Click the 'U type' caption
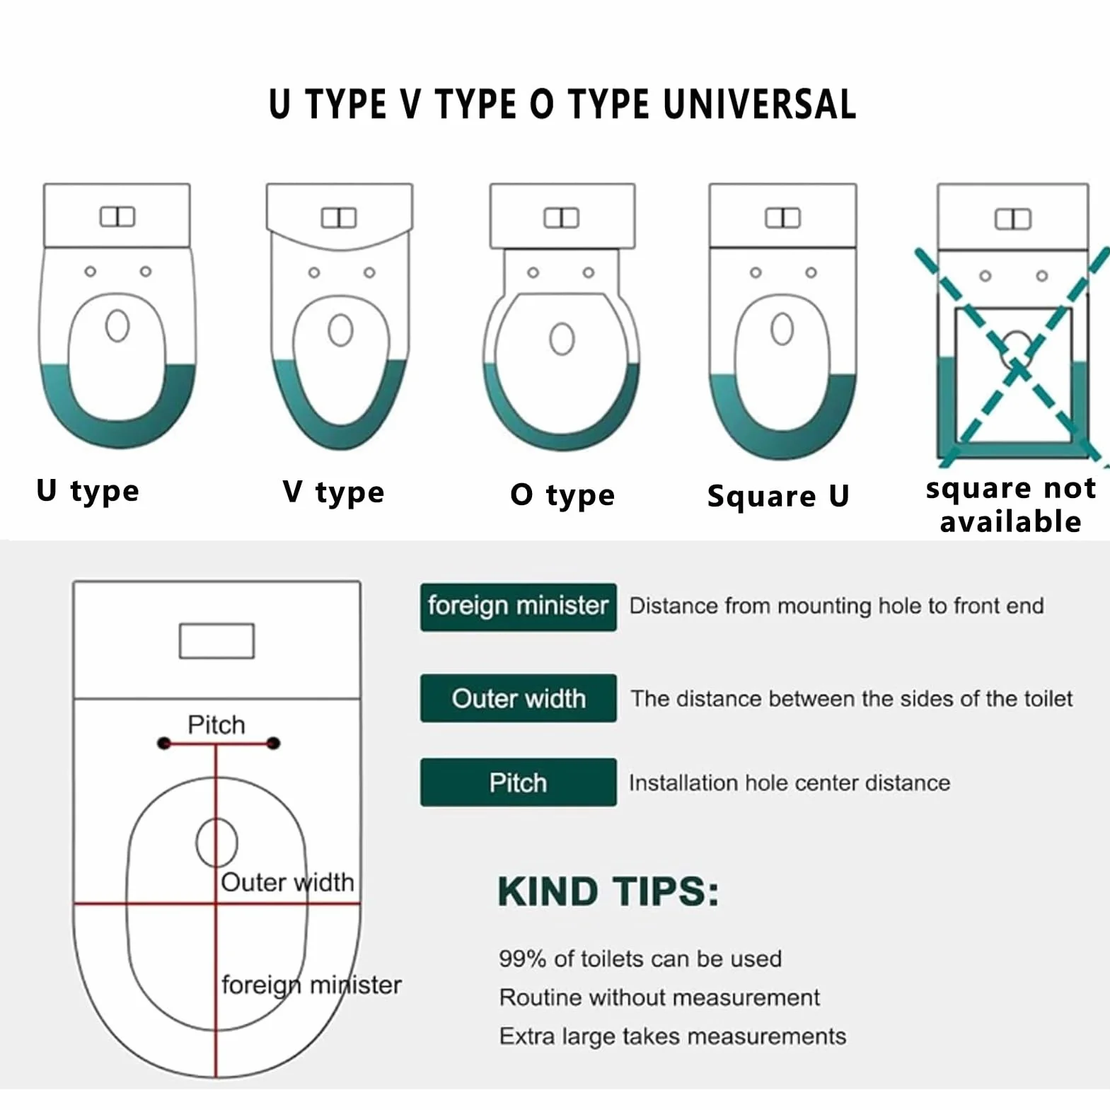[88, 491]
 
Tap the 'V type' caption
[333, 492]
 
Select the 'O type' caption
[562, 495]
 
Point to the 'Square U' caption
[778, 496]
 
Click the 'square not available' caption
[1011, 504]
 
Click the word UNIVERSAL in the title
[760, 105]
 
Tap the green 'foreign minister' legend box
[518, 607]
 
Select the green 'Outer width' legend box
[518, 698]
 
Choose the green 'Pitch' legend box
[518, 782]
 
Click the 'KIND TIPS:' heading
[608, 891]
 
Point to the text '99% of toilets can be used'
[640, 959]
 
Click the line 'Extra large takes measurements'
[673, 1036]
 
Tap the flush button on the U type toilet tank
[117, 216]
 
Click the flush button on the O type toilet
[562, 218]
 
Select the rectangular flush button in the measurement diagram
[216, 641]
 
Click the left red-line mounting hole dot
[164, 744]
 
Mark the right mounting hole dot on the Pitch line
[274, 744]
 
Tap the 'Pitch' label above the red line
[216, 724]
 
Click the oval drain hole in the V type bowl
[341, 330]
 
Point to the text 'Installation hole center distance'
[790, 783]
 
